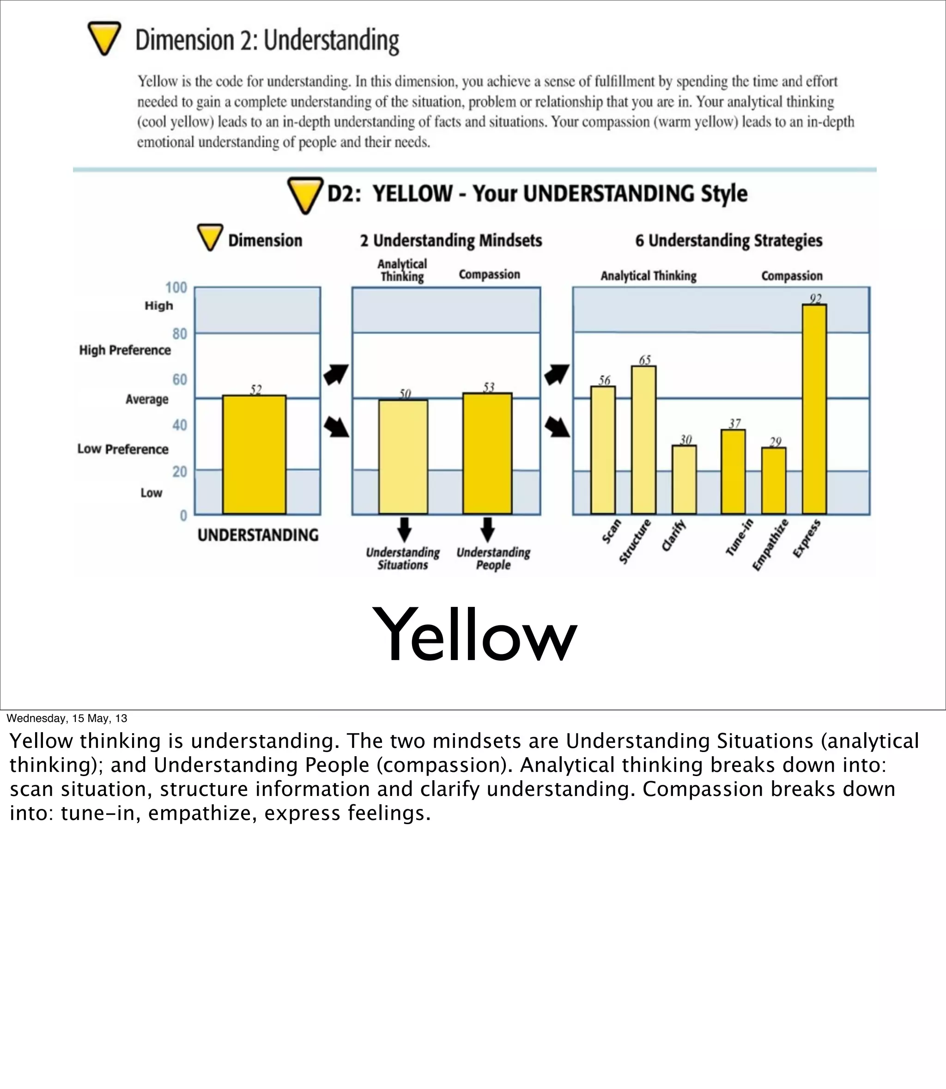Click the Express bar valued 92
coord(814,409)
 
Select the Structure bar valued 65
coord(643,440)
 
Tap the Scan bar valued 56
coord(603,450)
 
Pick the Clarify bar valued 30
coord(684,479)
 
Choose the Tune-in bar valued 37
coord(733,471)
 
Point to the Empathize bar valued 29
coord(774,481)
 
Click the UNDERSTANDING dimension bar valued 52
coord(255,455)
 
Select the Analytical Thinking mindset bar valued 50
coord(403,457)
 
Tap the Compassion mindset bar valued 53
coord(487,453)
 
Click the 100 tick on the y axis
coord(176,288)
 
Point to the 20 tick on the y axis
coord(180,471)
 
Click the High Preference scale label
coord(125,350)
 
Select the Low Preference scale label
coord(123,449)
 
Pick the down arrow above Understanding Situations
coord(404,529)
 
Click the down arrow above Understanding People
coord(488,529)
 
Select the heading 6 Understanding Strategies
coord(728,241)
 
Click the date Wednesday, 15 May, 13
coord(67,718)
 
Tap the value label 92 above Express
coord(816,299)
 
